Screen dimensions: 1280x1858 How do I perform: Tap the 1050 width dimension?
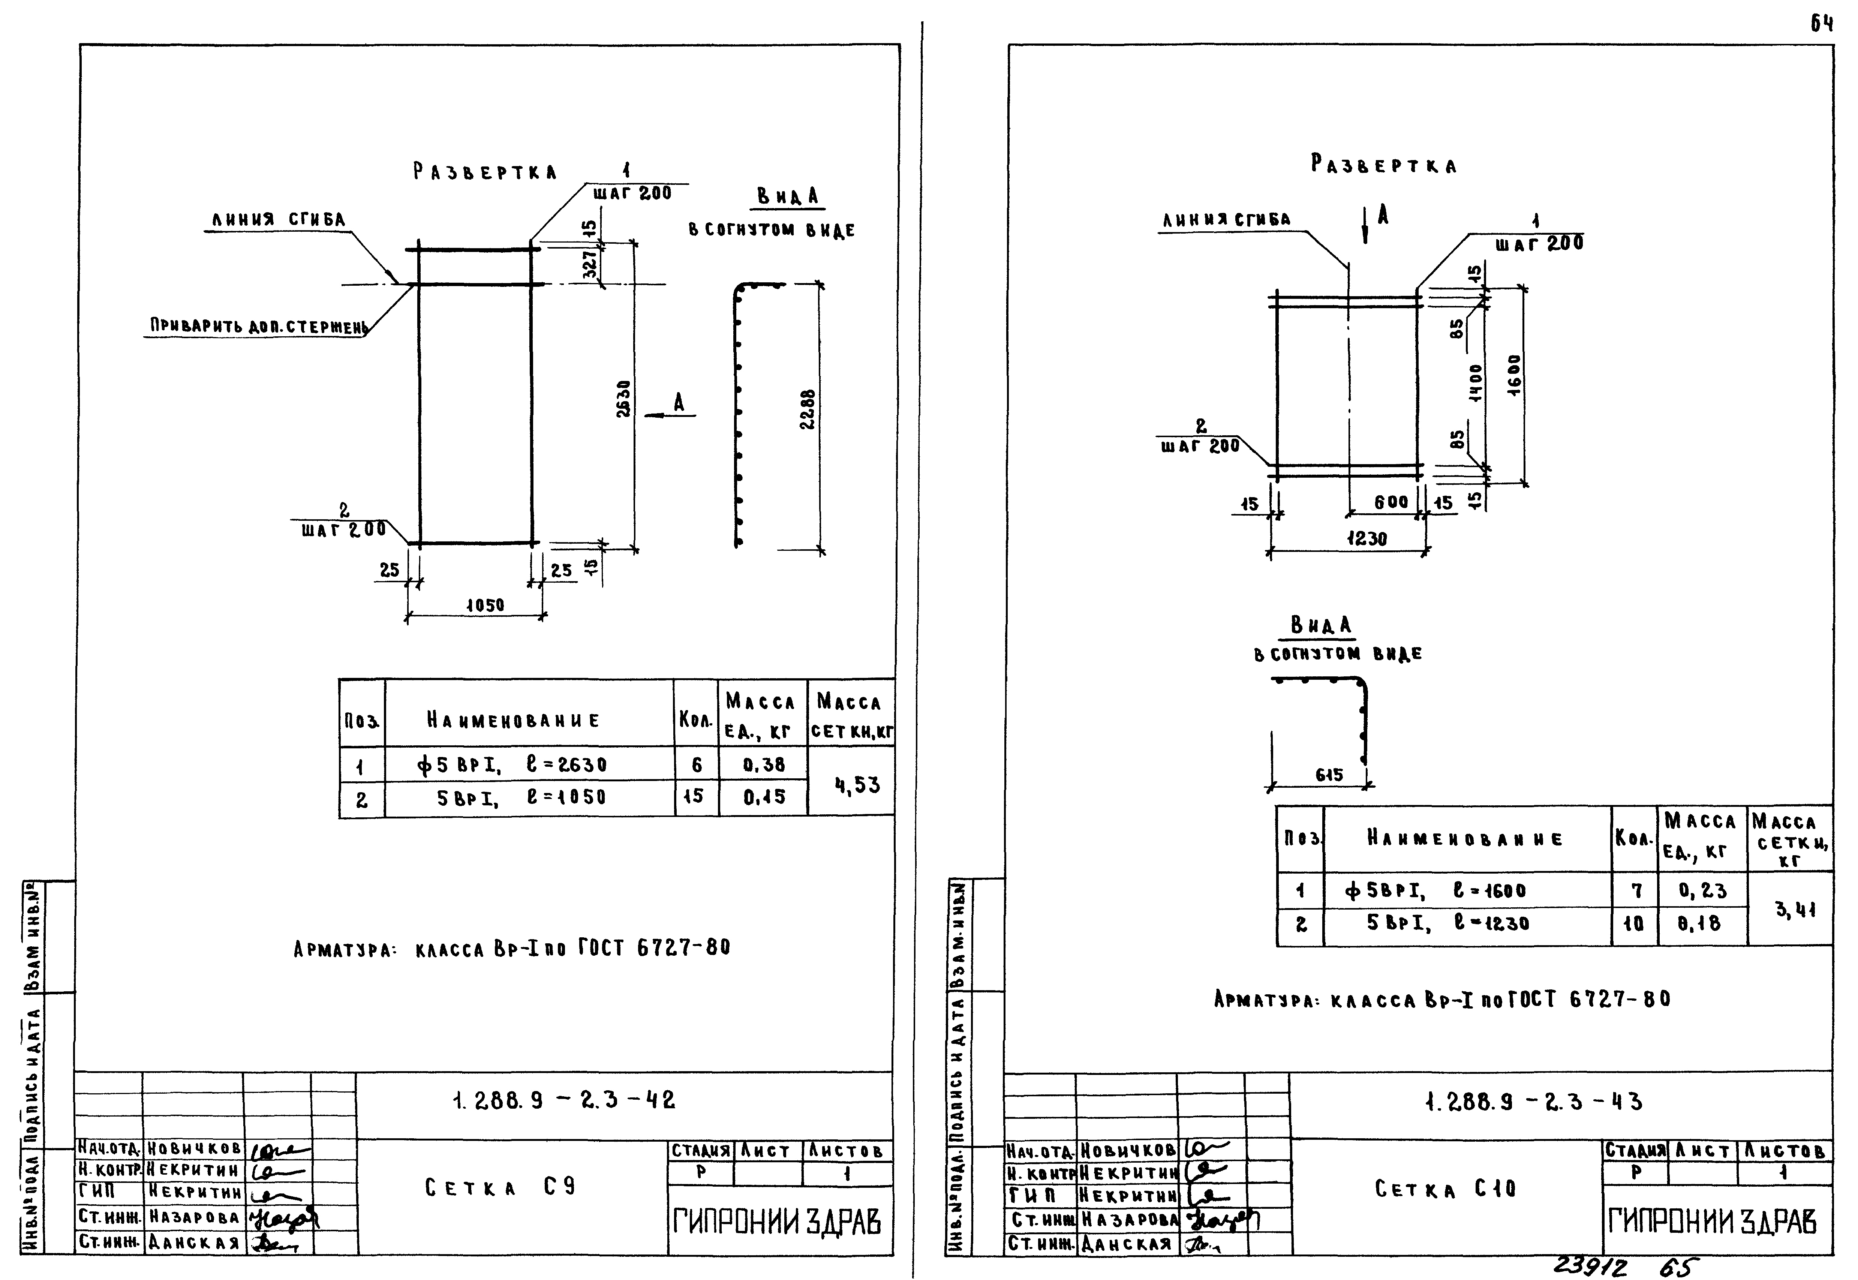click(485, 606)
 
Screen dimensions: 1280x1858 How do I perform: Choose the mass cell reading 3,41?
click(1795, 910)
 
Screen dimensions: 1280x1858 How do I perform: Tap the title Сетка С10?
click(1445, 1189)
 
